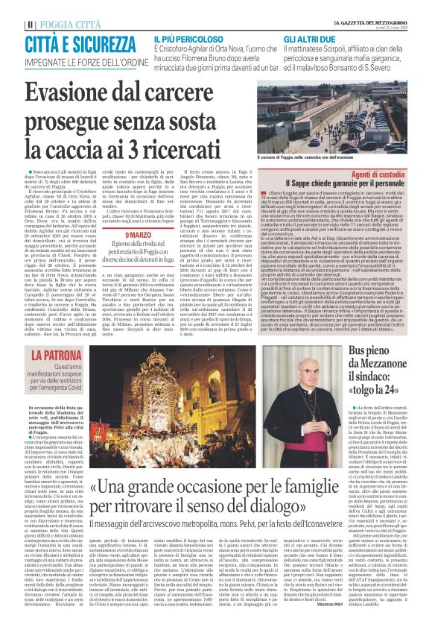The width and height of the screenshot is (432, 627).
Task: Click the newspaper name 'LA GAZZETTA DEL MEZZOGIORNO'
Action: click(x=358, y=5)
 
